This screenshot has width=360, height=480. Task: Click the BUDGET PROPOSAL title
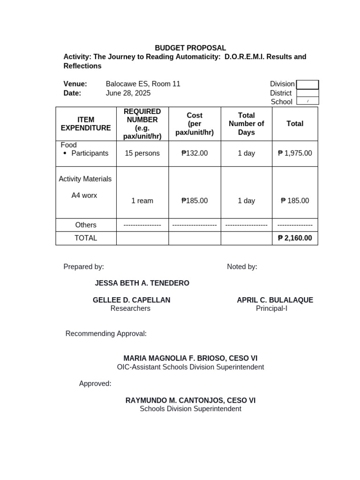click(x=190, y=48)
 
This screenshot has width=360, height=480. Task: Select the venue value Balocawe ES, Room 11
click(x=143, y=84)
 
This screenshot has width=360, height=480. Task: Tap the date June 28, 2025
click(x=128, y=93)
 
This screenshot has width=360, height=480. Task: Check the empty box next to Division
click(x=307, y=84)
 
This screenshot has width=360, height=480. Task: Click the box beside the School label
click(x=307, y=101)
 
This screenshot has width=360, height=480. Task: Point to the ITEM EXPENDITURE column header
click(x=86, y=124)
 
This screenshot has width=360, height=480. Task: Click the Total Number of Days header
click(x=246, y=124)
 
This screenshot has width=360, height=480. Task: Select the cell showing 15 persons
click(x=142, y=153)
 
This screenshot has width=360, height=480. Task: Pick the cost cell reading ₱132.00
click(x=195, y=153)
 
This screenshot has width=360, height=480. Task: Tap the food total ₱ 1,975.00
click(x=295, y=153)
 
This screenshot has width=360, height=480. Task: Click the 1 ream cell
click(x=142, y=201)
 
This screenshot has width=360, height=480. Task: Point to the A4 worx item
click(x=84, y=195)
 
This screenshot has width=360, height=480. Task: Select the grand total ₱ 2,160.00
click(x=295, y=238)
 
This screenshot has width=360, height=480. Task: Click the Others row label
click(x=86, y=225)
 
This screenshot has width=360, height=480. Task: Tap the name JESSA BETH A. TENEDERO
click(x=142, y=283)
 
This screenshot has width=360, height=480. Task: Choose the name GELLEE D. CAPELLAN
click(x=131, y=300)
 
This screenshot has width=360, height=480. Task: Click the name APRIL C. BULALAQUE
click(x=275, y=300)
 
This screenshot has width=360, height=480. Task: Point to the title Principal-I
click(x=271, y=308)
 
